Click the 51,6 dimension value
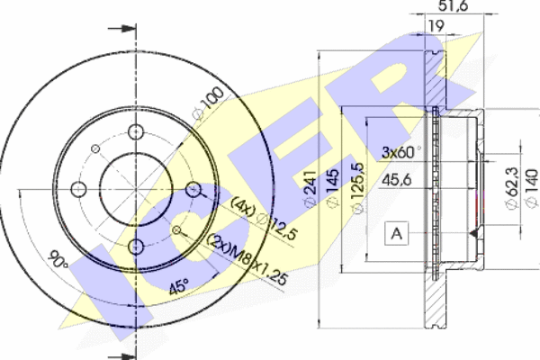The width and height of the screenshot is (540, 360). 453,5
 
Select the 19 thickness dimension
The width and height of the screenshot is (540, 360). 436,26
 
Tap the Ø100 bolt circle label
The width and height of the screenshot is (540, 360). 209,103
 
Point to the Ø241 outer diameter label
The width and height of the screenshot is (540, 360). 310,188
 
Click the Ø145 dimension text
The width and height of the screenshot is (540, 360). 332,188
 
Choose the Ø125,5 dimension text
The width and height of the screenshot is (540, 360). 358,188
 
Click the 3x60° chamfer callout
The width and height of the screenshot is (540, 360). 401,152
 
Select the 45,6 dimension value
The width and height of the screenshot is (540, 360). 397,180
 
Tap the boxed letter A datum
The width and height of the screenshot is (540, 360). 396,234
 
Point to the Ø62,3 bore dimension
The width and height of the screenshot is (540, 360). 512,188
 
